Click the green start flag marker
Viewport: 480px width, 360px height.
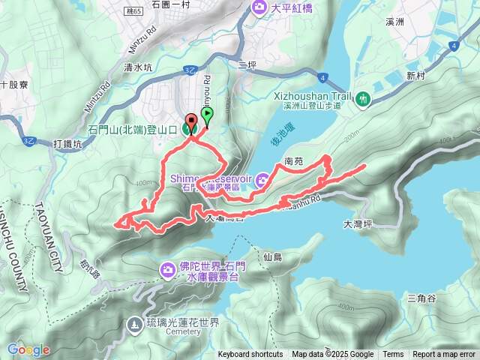pyautogui.click(x=207, y=115)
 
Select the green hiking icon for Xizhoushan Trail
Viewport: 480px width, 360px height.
pyautogui.click(x=364, y=99)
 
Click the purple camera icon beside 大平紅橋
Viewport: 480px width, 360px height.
pyautogui.click(x=259, y=7)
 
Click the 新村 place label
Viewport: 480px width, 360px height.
pyautogui.click(x=416, y=76)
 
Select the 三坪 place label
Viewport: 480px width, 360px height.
pyautogui.click(x=247, y=65)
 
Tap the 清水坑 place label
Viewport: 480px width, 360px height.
pyautogui.click(x=138, y=67)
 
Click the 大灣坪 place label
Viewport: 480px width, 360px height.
pyautogui.click(x=358, y=223)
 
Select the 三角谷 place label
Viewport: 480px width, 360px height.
pyautogui.click(x=421, y=298)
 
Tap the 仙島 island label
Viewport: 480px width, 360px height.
pyautogui.click(x=272, y=257)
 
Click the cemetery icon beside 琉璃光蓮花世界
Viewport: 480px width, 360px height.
pyautogui.click(x=134, y=325)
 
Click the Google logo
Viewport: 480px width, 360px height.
pyautogui.click(x=28, y=349)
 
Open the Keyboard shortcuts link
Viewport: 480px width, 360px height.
pyautogui.click(x=250, y=355)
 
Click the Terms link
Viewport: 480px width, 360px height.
pyautogui.click(x=393, y=355)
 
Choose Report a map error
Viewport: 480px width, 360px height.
pyautogui.click(x=444, y=355)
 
